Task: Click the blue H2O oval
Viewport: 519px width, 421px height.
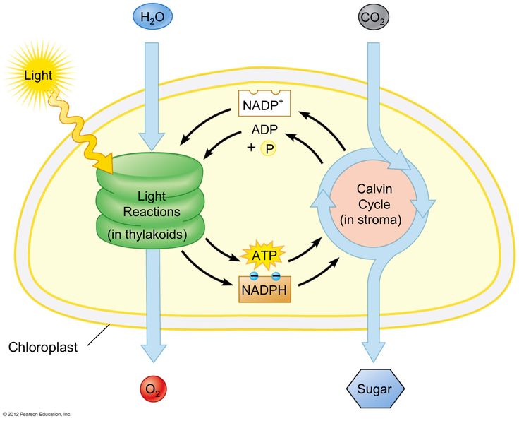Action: (x=152, y=16)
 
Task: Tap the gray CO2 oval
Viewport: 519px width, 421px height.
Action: (x=373, y=17)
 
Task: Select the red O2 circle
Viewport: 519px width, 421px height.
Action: (x=153, y=389)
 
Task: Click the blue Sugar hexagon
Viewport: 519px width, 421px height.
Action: (x=375, y=389)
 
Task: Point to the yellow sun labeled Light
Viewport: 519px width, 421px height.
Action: (x=38, y=76)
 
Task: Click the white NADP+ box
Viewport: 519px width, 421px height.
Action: (x=264, y=103)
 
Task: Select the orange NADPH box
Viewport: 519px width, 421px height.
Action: (x=265, y=289)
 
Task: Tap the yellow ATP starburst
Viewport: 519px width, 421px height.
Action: (x=264, y=256)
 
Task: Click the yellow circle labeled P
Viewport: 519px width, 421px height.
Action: (x=269, y=149)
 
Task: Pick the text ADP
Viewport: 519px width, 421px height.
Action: (x=264, y=129)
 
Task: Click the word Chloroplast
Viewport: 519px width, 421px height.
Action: (x=43, y=347)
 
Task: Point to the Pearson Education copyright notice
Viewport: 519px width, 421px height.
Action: (x=37, y=414)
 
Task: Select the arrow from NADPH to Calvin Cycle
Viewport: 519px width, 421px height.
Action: (x=319, y=273)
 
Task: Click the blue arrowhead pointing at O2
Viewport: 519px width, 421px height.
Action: (x=153, y=353)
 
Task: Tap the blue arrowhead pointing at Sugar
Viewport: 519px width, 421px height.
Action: (x=374, y=352)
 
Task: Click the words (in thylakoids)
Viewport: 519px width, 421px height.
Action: (x=147, y=235)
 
